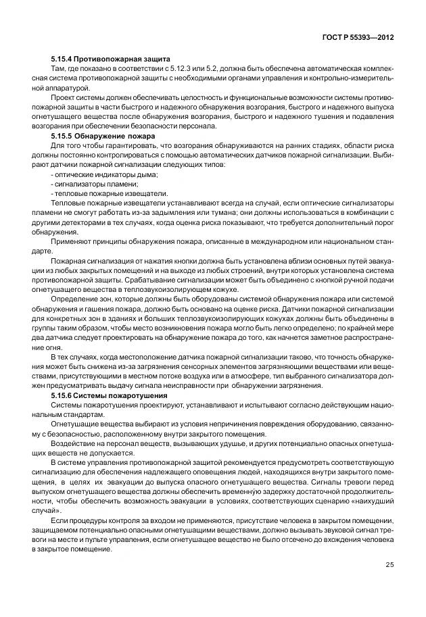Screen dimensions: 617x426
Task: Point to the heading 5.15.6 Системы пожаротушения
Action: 109,395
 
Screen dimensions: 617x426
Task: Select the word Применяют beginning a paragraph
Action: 70,241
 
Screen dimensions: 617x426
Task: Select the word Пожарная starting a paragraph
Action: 68,261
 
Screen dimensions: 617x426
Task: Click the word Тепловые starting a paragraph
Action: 68,203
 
